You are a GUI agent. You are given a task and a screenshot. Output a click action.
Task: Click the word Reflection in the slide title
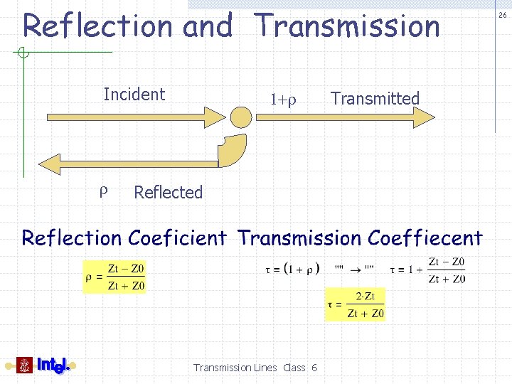(x=97, y=26)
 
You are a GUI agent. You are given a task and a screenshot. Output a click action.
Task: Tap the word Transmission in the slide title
(x=348, y=26)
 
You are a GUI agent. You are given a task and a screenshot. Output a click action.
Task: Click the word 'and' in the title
(x=208, y=27)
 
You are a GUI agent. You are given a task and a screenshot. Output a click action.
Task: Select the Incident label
(x=134, y=95)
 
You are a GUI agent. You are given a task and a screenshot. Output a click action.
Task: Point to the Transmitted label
(x=375, y=99)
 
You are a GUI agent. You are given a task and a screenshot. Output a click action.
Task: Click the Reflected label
(x=168, y=192)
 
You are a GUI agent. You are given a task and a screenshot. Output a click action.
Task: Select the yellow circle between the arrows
(x=242, y=117)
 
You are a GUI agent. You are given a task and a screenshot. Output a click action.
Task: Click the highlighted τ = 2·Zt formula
(x=355, y=305)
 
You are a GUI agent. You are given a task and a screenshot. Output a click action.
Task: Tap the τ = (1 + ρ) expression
(x=292, y=269)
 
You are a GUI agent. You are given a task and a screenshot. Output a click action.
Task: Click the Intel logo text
(x=53, y=366)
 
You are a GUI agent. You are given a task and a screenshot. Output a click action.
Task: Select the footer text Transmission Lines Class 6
(x=255, y=368)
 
